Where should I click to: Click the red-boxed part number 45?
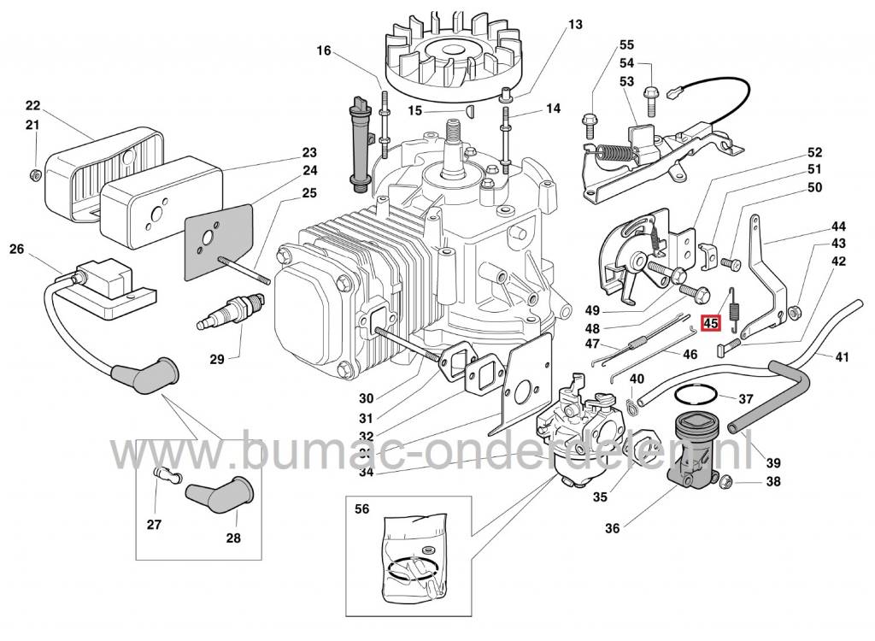pos(711,324)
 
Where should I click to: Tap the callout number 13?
pos(574,25)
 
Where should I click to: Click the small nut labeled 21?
pos(34,175)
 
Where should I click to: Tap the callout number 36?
pos(612,528)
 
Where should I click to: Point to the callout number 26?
pos(17,250)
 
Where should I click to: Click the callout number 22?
pos(32,106)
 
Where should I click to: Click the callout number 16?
pos(323,51)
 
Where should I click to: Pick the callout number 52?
pos(814,152)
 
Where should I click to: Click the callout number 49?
pos(593,309)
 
